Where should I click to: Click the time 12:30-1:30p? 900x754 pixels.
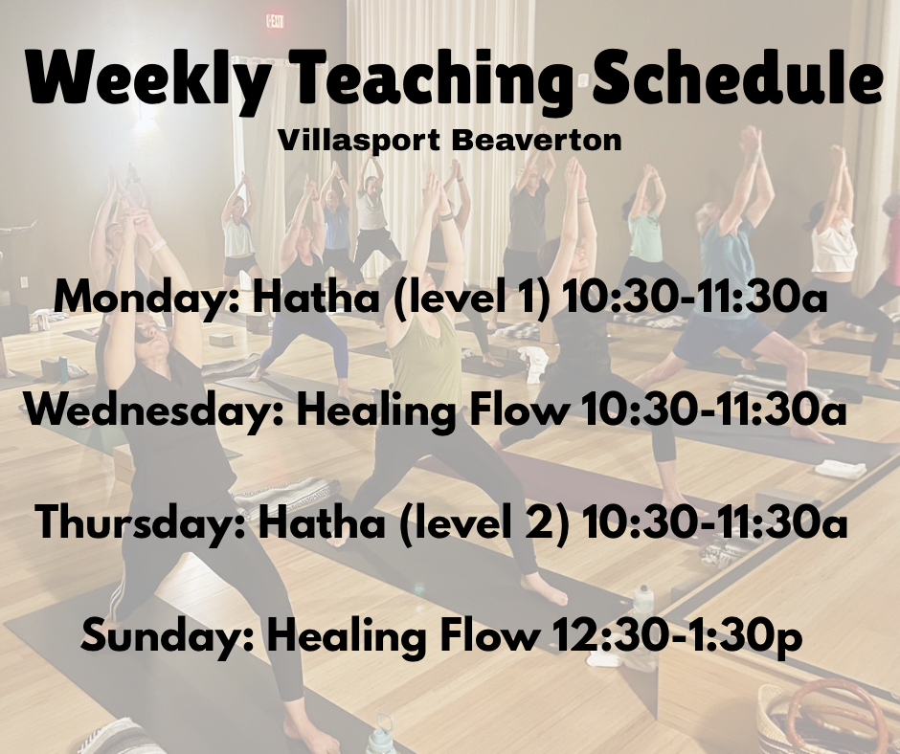[676, 636]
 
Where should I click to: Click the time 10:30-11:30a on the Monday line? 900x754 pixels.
[694, 299]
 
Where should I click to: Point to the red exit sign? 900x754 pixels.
[275, 22]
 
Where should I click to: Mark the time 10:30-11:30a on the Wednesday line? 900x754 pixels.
[714, 410]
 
